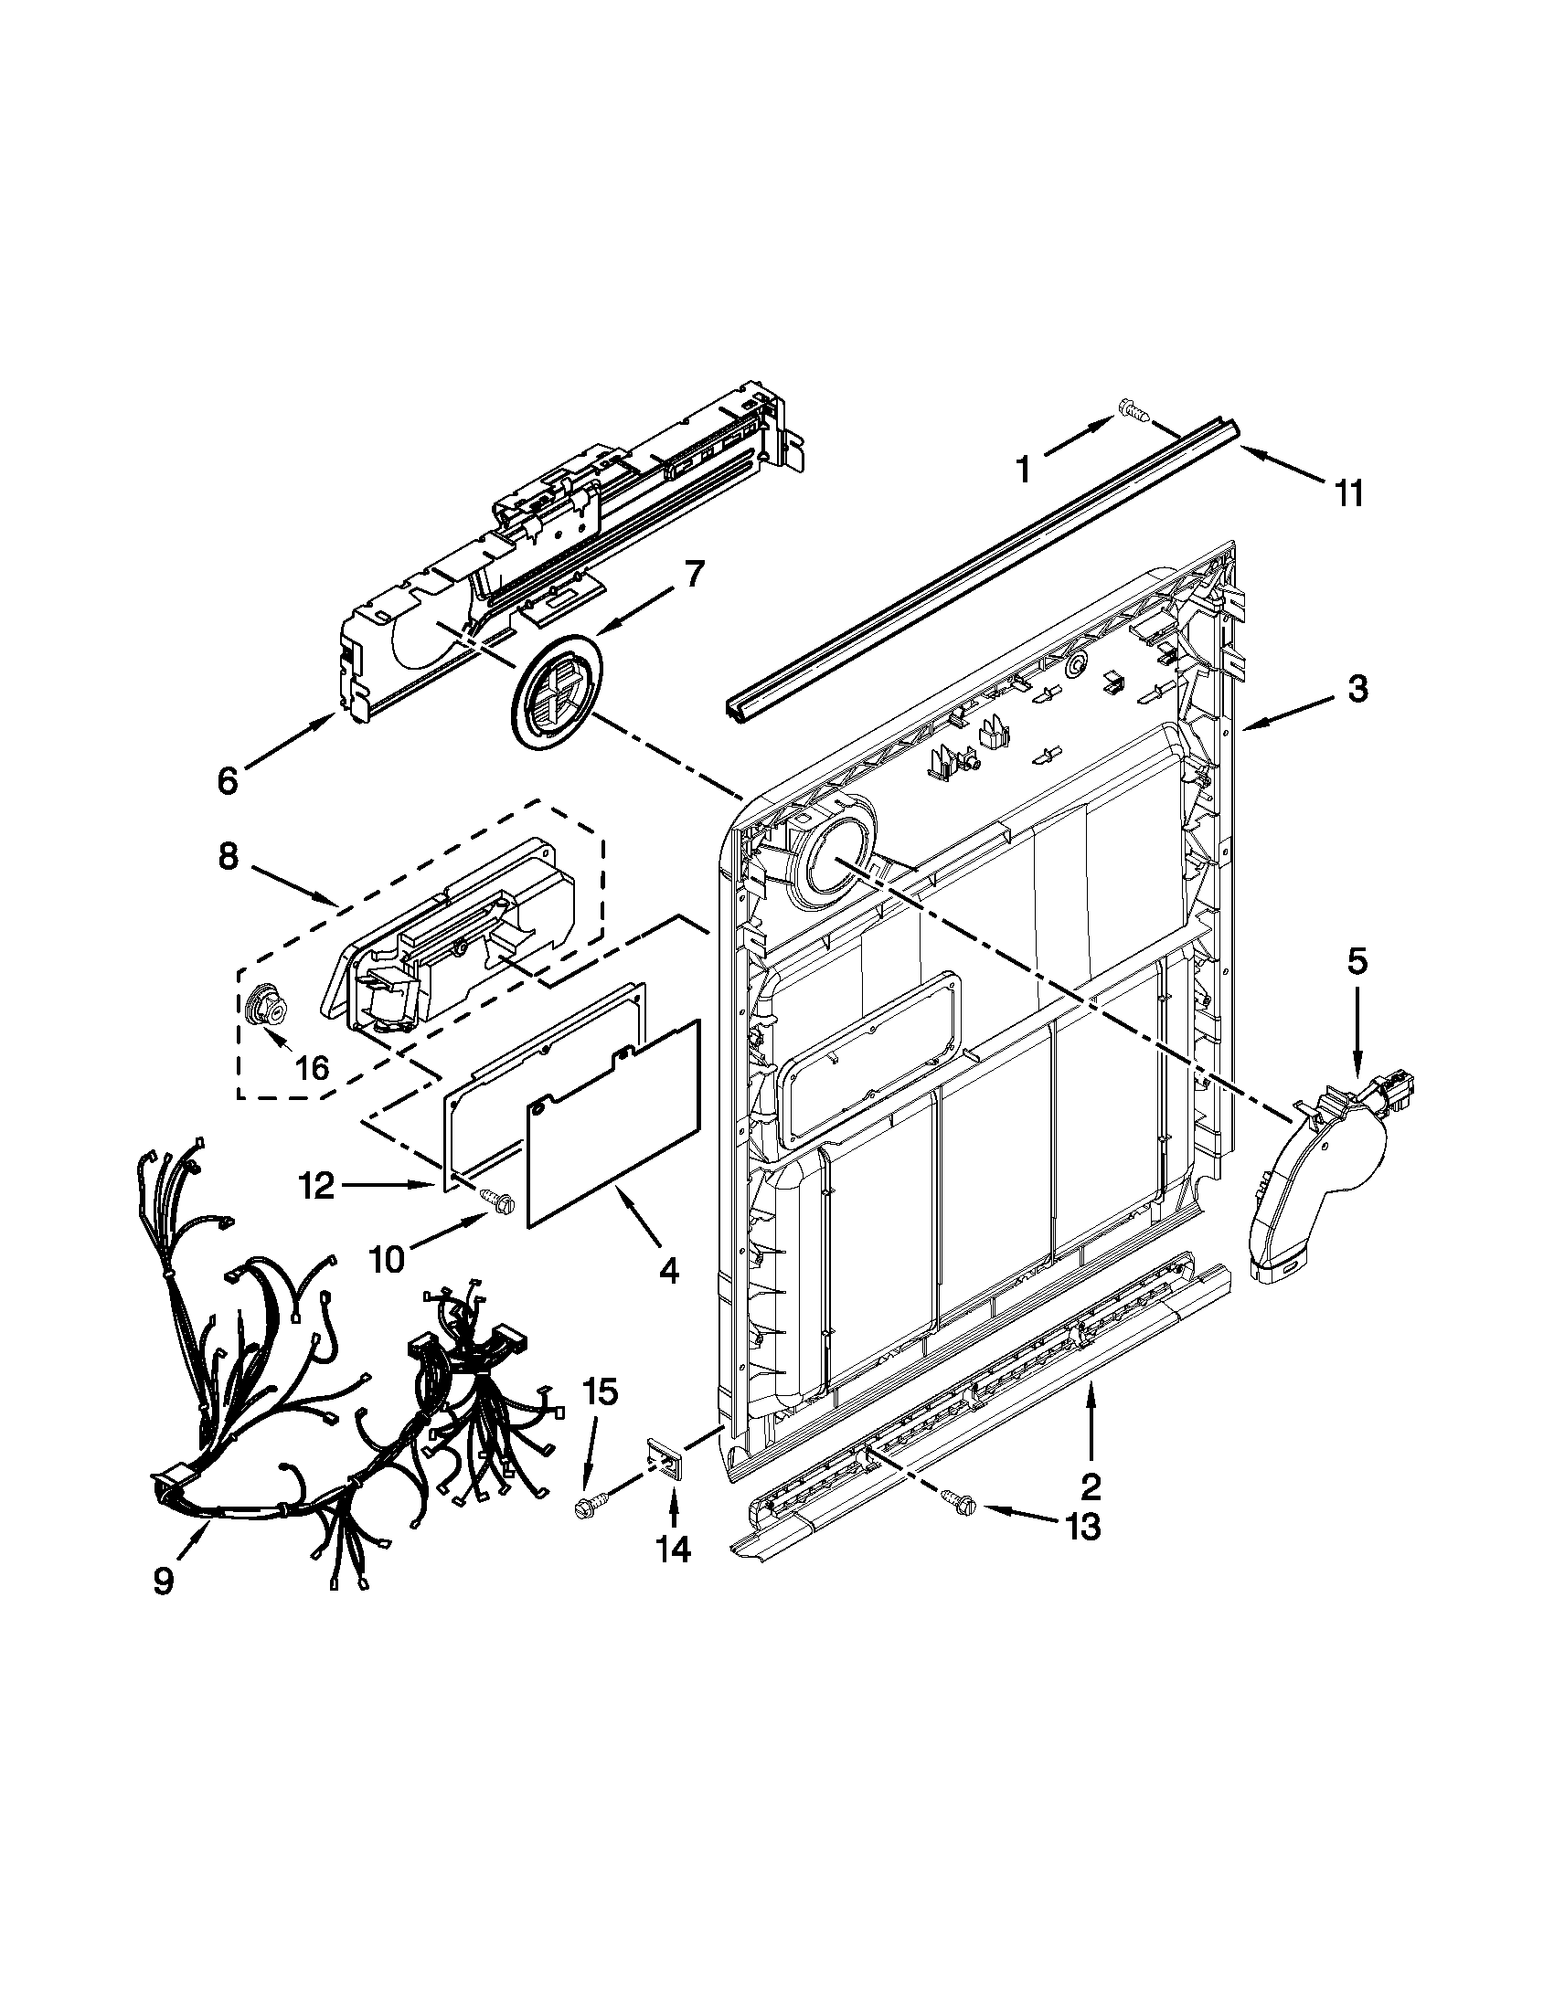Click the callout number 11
(x=1347, y=494)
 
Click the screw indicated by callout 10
(x=498, y=1201)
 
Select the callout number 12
(x=317, y=1186)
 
